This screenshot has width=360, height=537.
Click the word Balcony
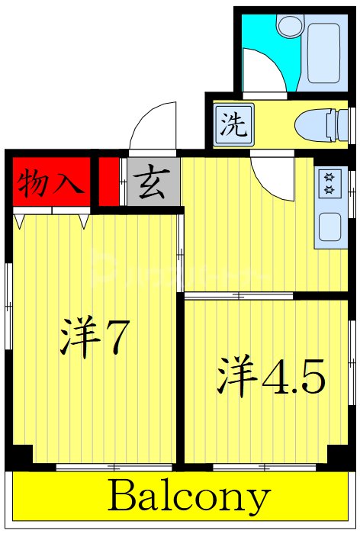coord(189,497)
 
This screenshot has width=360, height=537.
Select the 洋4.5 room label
coord(272,377)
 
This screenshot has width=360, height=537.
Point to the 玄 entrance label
coord(153,184)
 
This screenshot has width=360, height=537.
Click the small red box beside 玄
coord(109,182)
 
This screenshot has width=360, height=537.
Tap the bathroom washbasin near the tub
coord(290,27)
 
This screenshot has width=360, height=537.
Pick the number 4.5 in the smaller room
coord(293,377)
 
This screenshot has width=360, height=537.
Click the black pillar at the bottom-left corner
coord(20,457)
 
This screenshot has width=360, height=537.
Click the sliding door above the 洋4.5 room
coord(238,294)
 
